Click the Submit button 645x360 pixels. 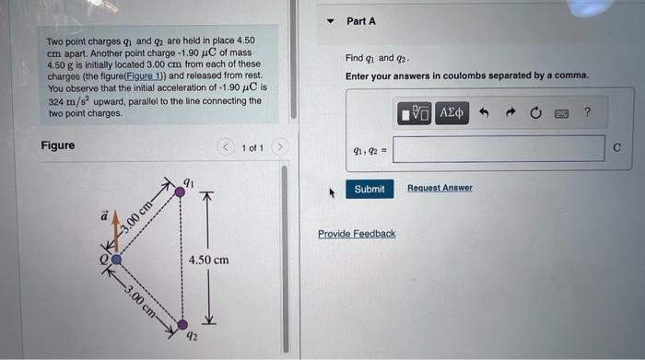[369, 189]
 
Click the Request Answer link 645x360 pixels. [440, 188]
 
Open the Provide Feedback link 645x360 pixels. [357, 234]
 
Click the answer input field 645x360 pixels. [498, 148]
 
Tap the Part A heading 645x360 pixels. [361, 21]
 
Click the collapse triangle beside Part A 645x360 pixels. [330, 21]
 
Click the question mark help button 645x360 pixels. [587, 113]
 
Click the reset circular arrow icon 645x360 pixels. [535, 113]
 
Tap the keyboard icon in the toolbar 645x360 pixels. [560, 113]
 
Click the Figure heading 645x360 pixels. [58, 145]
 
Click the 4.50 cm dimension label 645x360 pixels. [208, 261]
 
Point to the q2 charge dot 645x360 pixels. [182, 324]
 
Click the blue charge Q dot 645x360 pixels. [116, 260]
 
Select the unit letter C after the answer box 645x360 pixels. [616, 148]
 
